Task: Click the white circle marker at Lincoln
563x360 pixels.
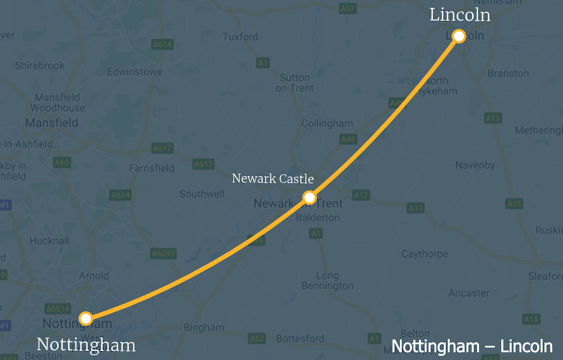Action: (x=459, y=36)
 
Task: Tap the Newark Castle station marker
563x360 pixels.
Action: (x=310, y=197)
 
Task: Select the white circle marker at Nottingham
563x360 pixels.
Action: (x=85, y=318)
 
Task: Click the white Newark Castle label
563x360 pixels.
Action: (x=273, y=179)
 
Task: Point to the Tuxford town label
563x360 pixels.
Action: (x=240, y=37)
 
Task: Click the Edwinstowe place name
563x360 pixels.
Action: (x=135, y=72)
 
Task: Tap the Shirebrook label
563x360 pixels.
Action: (x=40, y=65)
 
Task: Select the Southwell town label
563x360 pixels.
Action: (x=202, y=194)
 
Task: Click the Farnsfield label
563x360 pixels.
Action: (x=151, y=168)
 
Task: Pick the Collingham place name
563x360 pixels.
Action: (x=327, y=124)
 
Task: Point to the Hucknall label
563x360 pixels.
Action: (x=49, y=241)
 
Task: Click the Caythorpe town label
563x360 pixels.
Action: (x=424, y=254)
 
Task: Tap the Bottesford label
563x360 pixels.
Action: (x=300, y=339)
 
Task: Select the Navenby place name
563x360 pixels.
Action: (x=476, y=165)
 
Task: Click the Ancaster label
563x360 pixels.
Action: (x=469, y=293)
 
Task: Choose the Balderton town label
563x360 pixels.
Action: (x=318, y=218)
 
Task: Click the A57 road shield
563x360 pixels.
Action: (x=347, y=9)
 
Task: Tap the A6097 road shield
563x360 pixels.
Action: (x=163, y=253)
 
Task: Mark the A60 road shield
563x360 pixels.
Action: (x=62, y=162)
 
